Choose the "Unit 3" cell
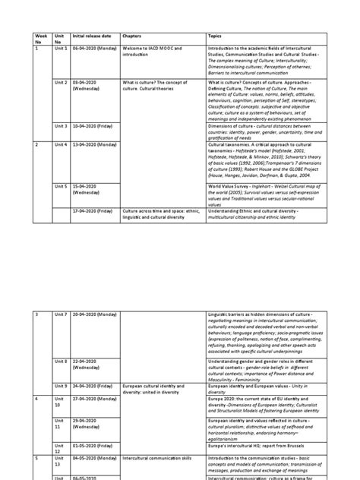(x=61, y=126)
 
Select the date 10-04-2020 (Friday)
(x=94, y=126)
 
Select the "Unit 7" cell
(x=61, y=314)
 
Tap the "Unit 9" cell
(x=61, y=386)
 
